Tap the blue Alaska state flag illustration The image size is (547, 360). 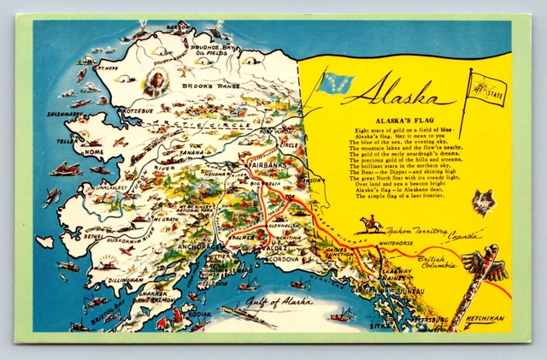point(335,83)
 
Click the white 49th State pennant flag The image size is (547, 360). point(487,88)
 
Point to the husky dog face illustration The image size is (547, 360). point(484,201)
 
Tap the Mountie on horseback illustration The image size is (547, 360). point(370,226)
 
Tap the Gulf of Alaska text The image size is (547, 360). point(278,301)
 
